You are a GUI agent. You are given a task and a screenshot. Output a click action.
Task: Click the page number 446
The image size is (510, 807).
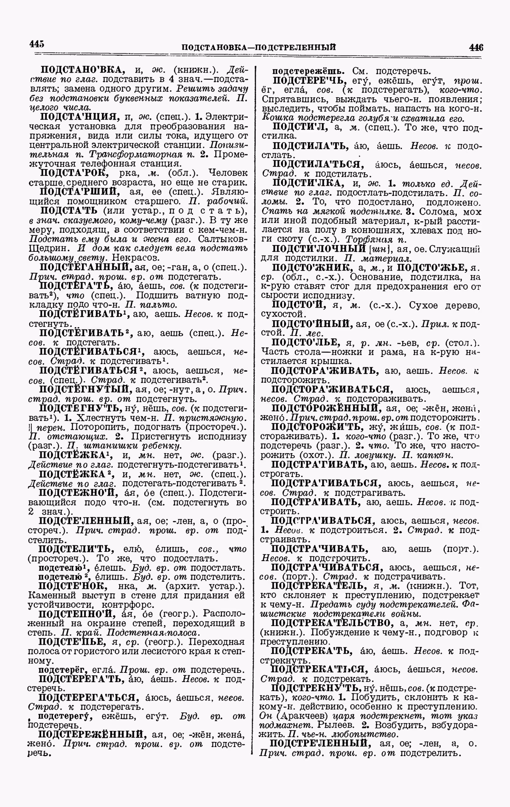point(476,47)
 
